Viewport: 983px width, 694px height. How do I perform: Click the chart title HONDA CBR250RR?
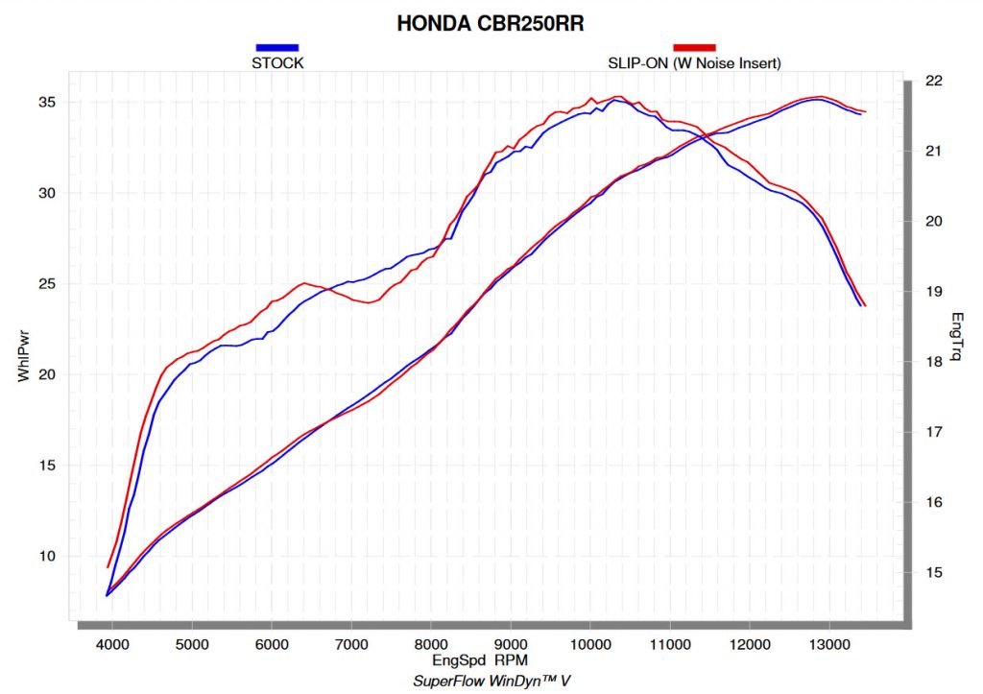click(491, 23)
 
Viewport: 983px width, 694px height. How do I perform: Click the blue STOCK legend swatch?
click(277, 47)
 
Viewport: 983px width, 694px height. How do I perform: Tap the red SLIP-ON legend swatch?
click(695, 47)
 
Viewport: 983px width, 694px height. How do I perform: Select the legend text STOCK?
click(277, 63)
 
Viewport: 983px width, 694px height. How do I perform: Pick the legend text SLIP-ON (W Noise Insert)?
click(695, 63)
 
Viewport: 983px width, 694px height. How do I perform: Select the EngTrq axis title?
click(956, 336)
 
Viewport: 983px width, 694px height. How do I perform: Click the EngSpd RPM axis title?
click(480, 660)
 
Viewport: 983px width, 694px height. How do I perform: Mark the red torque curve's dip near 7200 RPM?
click(369, 303)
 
